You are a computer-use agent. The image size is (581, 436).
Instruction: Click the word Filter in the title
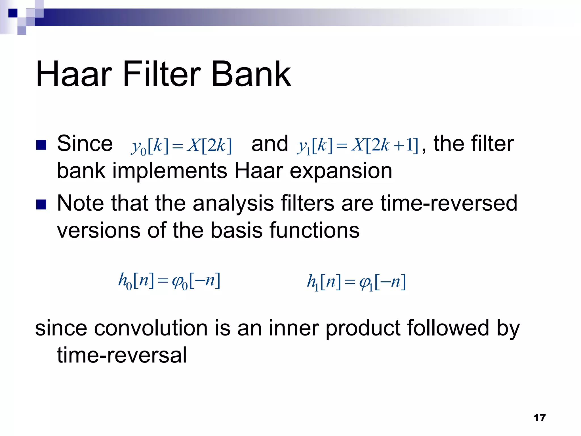tap(162, 74)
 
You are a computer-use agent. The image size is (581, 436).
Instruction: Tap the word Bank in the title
tap(251, 74)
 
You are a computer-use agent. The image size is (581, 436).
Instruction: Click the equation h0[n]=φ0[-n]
tap(169, 281)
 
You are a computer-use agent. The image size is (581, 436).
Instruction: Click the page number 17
tap(539, 418)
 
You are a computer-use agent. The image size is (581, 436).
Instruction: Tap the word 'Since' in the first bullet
tap(85, 144)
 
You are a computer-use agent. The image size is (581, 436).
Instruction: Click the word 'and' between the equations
tap(270, 144)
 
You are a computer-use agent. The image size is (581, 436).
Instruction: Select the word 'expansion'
tap(341, 171)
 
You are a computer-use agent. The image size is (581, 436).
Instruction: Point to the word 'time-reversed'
tap(449, 203)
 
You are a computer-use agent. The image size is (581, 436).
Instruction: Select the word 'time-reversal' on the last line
tap(122, 355)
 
